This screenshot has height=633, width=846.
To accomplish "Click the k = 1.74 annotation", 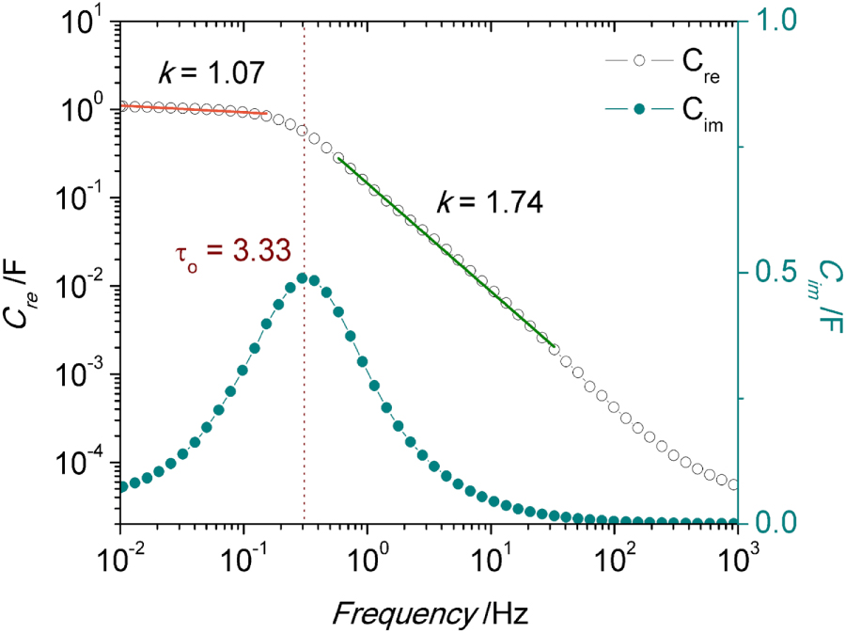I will (x=489, y=201).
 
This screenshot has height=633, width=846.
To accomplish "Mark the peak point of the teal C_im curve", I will (x=304, y=277).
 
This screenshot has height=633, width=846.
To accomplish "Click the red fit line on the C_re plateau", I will (x=197, y=110).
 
